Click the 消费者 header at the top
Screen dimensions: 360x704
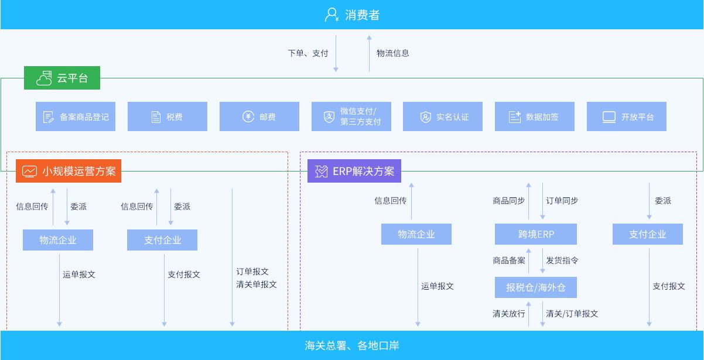click(352, 15)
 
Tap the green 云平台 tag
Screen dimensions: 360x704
click(62, 78)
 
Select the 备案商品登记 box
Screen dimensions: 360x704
click(76, 116)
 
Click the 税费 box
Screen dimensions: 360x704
click(168, 116)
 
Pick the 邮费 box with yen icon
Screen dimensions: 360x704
click(259, 116)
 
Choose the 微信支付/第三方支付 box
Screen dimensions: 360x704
click(351, 116)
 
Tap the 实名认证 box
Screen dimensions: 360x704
click(443, 116)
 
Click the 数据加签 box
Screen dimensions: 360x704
click(535, 116)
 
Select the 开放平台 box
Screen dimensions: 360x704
click(627, 116)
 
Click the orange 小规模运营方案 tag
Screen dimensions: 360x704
click(69, 172)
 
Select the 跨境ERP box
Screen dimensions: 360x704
click(536, 234)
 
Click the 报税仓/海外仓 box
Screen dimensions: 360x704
click(536, 287)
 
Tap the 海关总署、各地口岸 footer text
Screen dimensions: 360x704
click(352, 345)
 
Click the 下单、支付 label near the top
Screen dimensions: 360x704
click(308, 53)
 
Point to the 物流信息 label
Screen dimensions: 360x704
click(393, 53)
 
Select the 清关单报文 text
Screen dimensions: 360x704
click(257, 284)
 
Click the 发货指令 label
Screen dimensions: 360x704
click(562, 260)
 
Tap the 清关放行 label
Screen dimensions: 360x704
click(509, 314)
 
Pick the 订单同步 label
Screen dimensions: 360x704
click(562, 201)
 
